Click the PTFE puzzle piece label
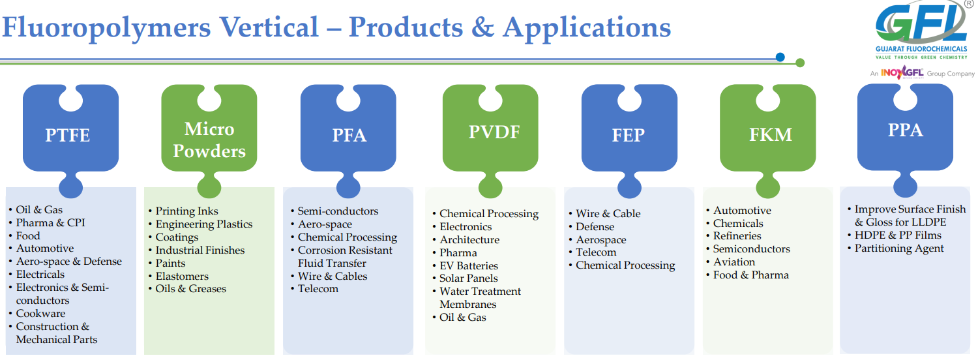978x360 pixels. [x=68, y=135]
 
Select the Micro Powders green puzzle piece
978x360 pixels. [x=209, y=140]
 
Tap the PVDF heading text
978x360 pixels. [x=494, y=132]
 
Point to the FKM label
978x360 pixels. [x=771, y=134]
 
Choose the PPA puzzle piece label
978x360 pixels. [x=906, y=130]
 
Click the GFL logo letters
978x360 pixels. [x=921, y=23]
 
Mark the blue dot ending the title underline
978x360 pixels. [x=780, y=57]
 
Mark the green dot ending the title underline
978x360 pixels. [x=800, y=63]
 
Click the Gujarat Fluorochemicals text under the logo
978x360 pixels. [x=921, y=49]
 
